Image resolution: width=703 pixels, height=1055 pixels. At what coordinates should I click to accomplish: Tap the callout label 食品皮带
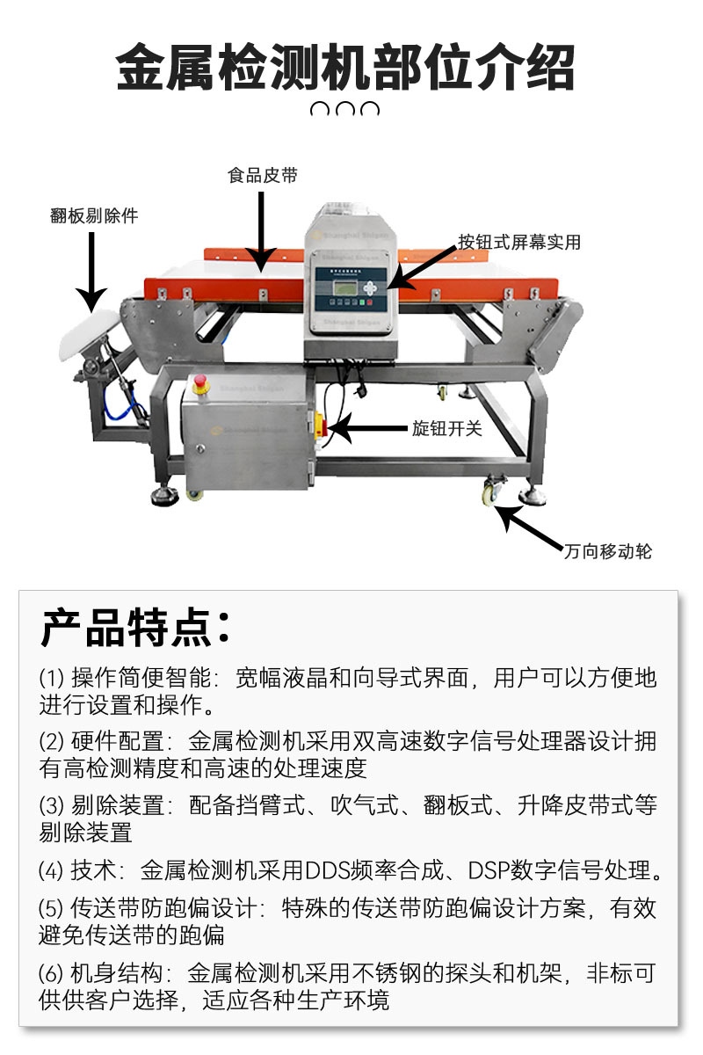point(263,176)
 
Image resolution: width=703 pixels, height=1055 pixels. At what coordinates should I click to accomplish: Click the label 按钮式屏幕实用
point(518,243)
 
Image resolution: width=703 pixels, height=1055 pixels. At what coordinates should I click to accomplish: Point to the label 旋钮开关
point(447,429)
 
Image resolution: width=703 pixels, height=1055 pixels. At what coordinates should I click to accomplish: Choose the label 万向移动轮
point(607,552)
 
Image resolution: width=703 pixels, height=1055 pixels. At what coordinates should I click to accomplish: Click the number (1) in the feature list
point(51,678)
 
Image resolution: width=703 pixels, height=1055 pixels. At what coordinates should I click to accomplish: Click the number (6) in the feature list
point(51,973)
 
